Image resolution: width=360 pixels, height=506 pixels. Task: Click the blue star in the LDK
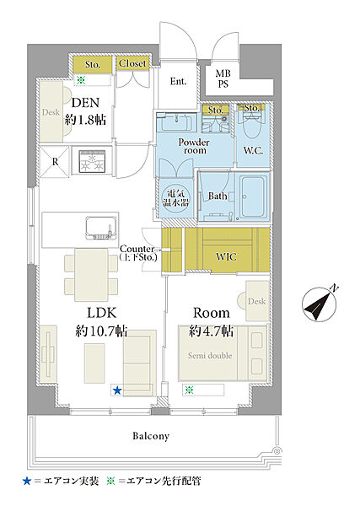coord(117,390)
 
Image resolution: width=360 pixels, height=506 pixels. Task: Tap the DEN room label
coord(85,103)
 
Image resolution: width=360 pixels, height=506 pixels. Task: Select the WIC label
coord(226,257)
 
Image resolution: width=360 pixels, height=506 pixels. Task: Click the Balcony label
coord(151,436)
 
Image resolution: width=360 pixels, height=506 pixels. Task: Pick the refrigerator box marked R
coord(55,162)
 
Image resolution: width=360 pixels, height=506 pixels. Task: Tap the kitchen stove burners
coord(92,161)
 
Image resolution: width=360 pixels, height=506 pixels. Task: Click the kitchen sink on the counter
coord(100,228)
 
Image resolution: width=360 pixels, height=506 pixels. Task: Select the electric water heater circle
coord(176,198)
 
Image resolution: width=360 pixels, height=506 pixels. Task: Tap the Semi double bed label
coord(210,356)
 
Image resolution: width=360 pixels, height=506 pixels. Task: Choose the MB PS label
coord(223,78)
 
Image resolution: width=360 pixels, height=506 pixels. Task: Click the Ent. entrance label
coord(179,81)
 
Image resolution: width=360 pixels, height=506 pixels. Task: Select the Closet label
coord(132,63)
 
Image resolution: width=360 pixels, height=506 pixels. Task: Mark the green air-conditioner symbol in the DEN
coord(81,80)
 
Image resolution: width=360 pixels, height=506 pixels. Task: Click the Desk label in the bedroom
coord(257,301)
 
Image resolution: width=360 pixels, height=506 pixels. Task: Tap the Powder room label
coord(194,146)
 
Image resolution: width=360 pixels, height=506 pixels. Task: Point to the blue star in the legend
coord(27,482)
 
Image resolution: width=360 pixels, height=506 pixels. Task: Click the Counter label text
coord(137,249)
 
